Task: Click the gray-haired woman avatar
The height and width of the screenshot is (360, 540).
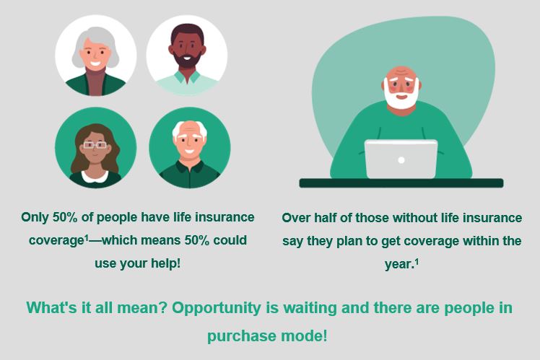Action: tap(96, 56)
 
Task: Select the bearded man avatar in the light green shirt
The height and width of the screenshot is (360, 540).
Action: tap(187, 56)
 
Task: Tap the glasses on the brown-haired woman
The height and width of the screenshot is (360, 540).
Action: tap(95, 145)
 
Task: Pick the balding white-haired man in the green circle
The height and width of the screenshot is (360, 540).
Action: tap(190, 148)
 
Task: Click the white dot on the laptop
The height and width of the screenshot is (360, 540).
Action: tap(401, 160)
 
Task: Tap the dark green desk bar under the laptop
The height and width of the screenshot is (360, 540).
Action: tap(401, 183)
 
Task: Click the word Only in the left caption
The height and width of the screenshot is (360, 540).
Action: tap(35, 217)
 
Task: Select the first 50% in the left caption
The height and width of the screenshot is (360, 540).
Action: tap(65, 217)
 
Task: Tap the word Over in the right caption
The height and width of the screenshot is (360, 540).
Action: tap(296, 218)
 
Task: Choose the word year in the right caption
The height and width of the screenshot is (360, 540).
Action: tap(398, 265)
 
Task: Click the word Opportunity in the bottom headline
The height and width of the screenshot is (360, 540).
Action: tap(217, 307)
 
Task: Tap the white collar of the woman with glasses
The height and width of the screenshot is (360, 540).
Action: tap(95, 177)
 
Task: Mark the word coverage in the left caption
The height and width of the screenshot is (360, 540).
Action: tap(57, 241)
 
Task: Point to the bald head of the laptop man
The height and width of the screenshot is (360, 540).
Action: tap(401, 71)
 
